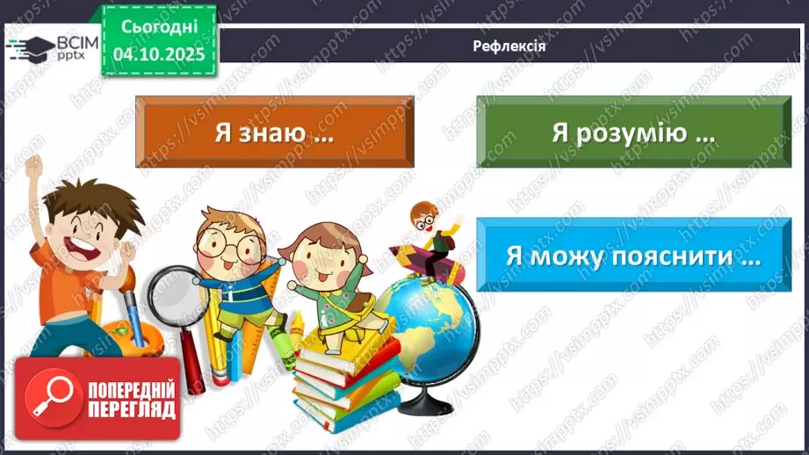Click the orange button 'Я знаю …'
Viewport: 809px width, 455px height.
274,133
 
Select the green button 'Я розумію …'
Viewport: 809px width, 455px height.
632,133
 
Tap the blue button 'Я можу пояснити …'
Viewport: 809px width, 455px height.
632,256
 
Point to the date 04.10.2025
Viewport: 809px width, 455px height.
159,54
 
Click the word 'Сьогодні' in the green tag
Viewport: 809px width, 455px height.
159,27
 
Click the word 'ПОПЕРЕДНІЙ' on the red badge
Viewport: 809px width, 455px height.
131,389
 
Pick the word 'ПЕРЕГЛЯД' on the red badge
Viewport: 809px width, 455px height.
131,409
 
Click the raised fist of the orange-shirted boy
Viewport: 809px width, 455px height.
33,165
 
